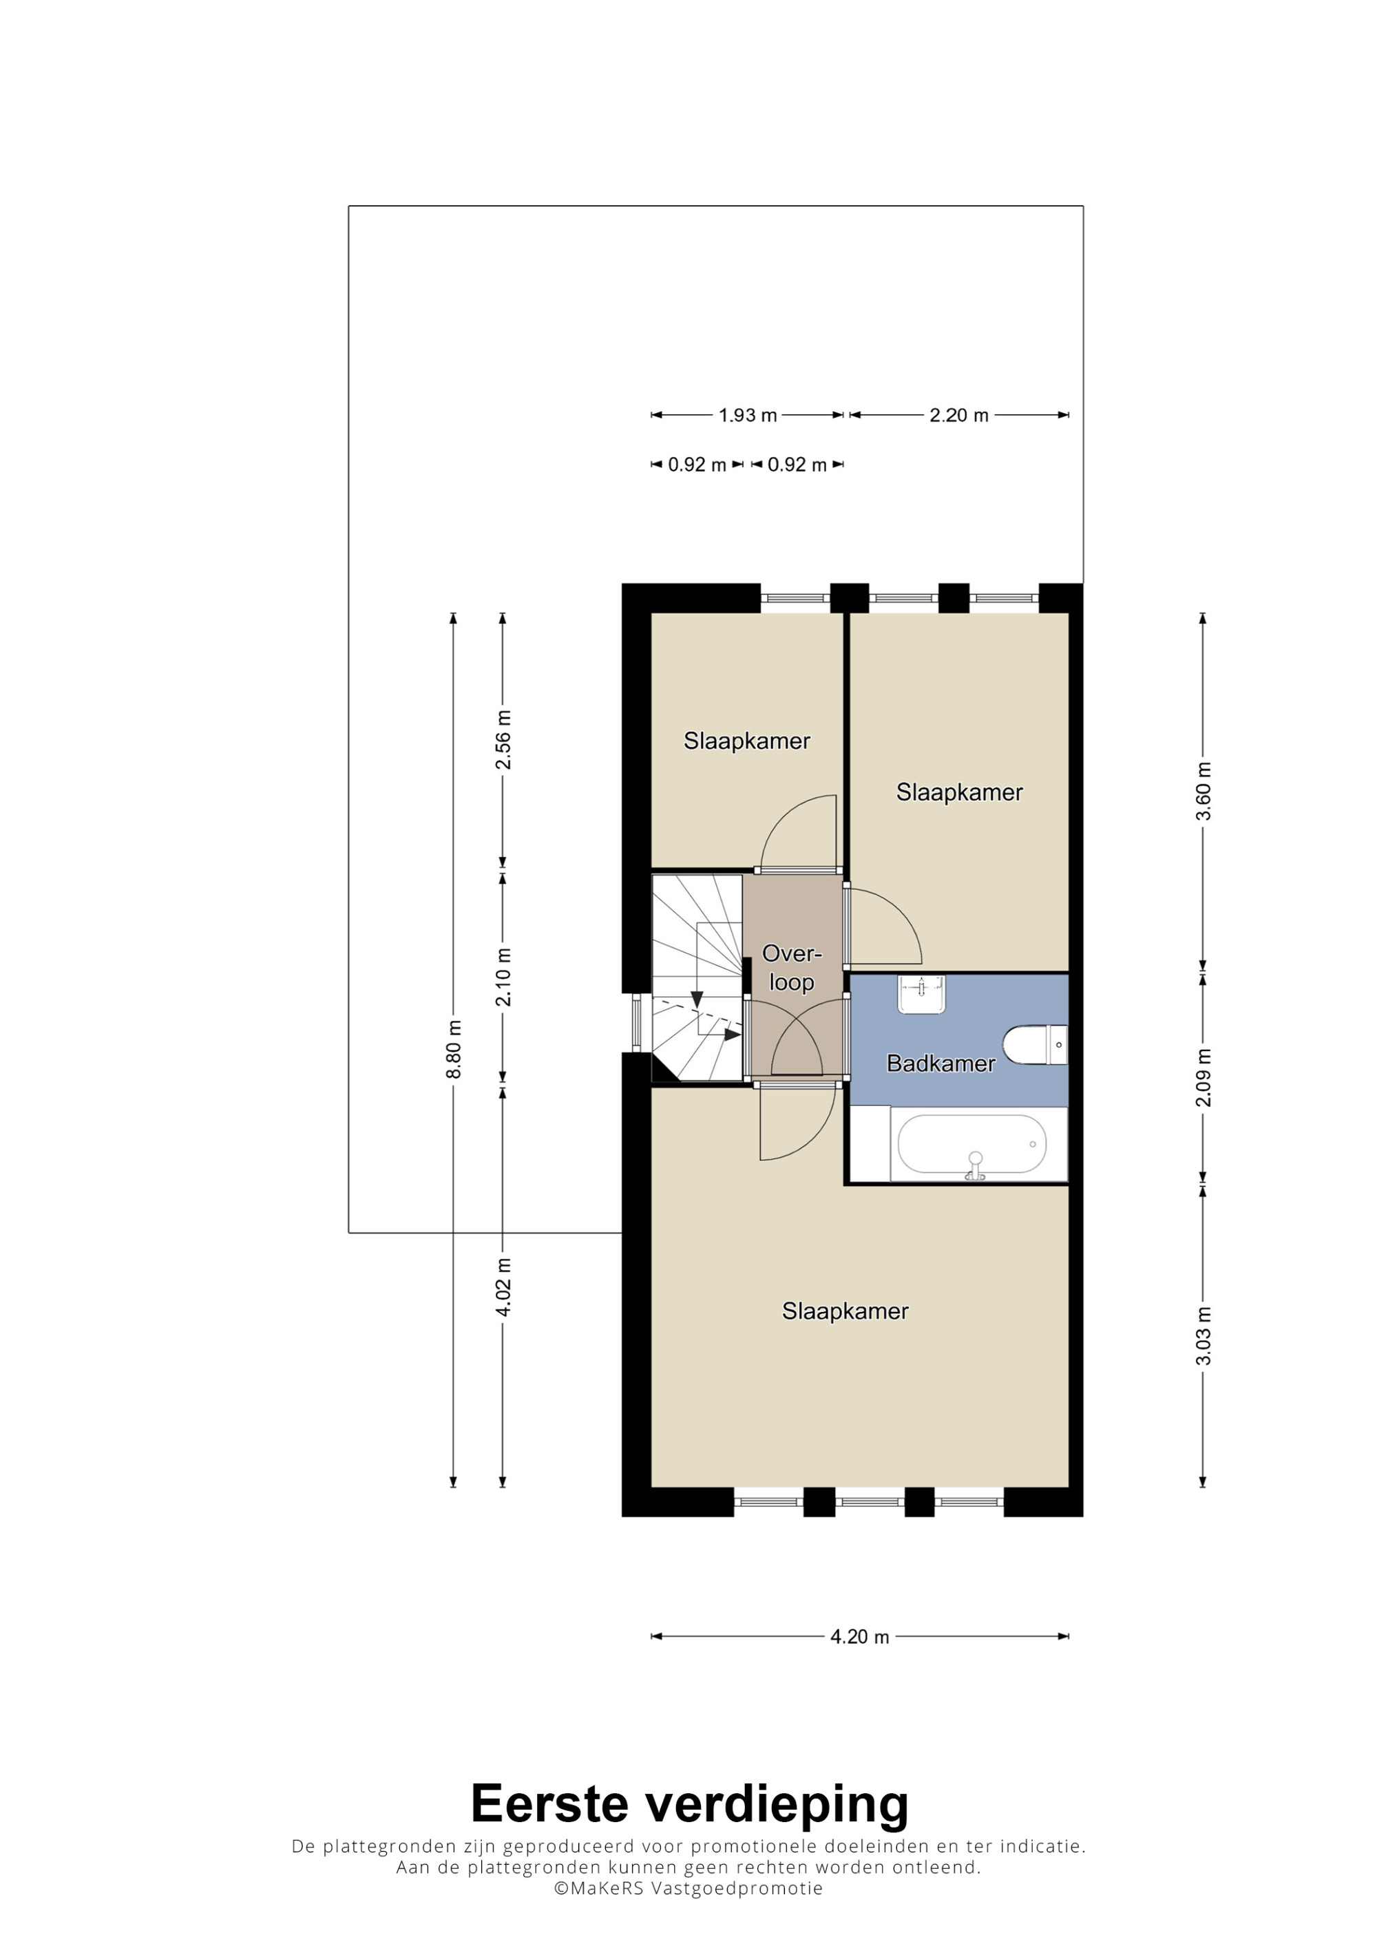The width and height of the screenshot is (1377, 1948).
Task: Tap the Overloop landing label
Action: [792, 967]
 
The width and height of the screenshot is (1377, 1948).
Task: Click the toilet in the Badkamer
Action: [1034, 1044]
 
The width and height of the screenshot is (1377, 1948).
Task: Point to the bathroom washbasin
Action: [921, 995]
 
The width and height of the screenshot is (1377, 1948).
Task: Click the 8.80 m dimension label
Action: [454, 1050]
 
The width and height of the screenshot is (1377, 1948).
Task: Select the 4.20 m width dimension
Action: [859, 1637]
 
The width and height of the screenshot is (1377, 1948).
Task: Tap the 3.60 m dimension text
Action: [1203, 791]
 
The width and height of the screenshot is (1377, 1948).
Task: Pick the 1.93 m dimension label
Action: [748, 416]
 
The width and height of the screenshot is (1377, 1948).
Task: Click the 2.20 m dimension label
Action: [958, 416]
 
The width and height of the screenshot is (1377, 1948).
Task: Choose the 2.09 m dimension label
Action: [1203, 1077]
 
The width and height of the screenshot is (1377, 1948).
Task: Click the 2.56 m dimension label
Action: [503, 739]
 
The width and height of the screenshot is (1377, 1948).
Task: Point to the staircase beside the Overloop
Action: [697, 977]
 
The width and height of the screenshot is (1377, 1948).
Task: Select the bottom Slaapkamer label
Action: [845, 1312]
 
